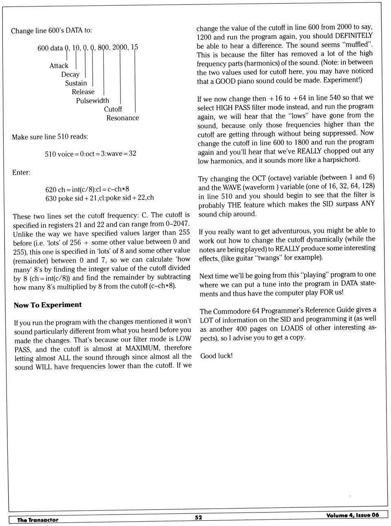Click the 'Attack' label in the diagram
(x=59, y=66)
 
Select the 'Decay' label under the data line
(x=70, y=75)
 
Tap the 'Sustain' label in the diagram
(x=76, y=83)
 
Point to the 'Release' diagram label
(x=83, y=92)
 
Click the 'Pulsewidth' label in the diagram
(x=92, y=101)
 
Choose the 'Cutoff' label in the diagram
(x=113, y=109)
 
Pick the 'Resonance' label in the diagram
(x=123, y=118)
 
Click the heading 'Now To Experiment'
(x=48, y=305)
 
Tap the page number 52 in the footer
(x=198, y=517)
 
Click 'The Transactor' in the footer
(x=38, y=520)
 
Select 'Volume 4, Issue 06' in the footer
(x=352, y=515)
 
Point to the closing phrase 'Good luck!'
(x=217, y=356)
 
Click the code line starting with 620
(x=87, y=189)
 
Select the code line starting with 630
(x=100, y=198)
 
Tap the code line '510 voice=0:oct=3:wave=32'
(x=90, y=154)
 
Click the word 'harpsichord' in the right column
(x=341, y=160)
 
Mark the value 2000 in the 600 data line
(x=120, y=47)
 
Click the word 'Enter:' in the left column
(x=21, y=173)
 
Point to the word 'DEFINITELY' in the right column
(x=354, y=36)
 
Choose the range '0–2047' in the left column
(x=177, y=224)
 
